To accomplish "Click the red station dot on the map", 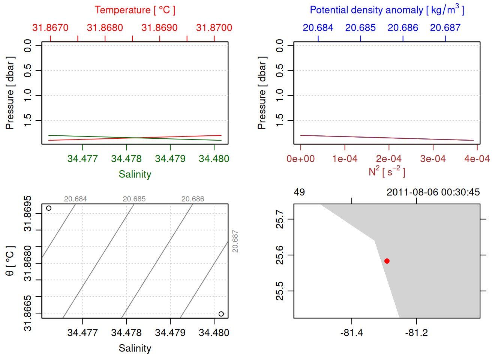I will pos(387,261).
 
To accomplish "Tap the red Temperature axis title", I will pos(135,10).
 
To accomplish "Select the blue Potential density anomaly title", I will pos(387,10).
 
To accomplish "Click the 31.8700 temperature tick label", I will pos(214,28).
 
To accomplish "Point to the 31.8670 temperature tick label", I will pos(50,28).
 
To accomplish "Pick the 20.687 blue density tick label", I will pos(445,28).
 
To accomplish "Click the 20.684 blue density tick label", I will pos(318,28).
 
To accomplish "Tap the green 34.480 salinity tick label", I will pos(214,159).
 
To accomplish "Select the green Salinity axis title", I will pos(135,174).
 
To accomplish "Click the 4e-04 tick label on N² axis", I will pos(477,159).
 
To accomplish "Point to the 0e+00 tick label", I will pos(300,159).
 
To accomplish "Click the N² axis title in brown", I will pos(387,171).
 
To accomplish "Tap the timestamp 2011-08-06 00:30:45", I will pos(433,192).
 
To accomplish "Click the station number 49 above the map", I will pos(299,192).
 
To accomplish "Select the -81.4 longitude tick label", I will pos(351,333).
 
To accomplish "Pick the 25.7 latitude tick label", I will pos(280,219).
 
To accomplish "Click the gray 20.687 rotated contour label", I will pos(235,241).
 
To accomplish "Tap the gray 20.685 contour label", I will pos(134,199).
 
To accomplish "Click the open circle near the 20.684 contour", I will pos(49,208).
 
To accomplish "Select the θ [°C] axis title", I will pos(10,261).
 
